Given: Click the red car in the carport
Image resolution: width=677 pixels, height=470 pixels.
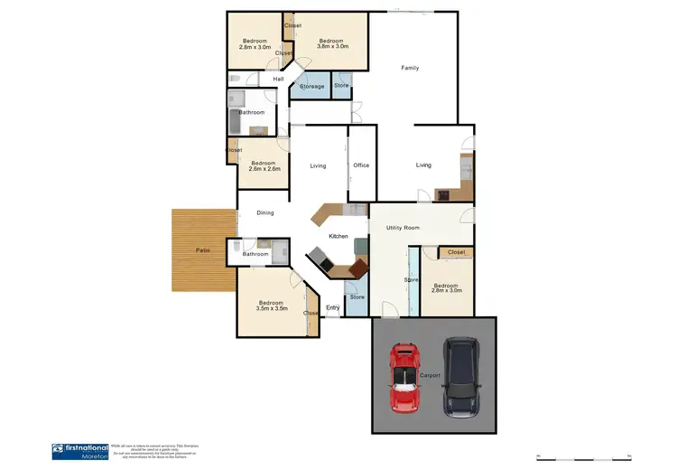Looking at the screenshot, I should (x=403, y=377).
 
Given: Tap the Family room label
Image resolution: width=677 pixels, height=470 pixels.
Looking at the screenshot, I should (x=410, y=68).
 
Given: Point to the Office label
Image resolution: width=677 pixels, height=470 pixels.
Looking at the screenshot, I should (x=361, y=165).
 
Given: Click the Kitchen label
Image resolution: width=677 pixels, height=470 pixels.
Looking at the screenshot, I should (x=338, y=237).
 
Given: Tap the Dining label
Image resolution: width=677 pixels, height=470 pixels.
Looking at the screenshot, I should (x=264, y=213).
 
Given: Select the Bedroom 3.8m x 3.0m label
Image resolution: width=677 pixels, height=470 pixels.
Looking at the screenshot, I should (x=332, y=42).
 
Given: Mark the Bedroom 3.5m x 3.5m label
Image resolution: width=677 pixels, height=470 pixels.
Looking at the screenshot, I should (x=271, y=305).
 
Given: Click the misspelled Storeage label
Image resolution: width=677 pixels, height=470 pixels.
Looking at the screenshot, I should (x=312, y=87).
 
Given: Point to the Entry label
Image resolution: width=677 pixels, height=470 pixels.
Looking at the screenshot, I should (x=332, y=308).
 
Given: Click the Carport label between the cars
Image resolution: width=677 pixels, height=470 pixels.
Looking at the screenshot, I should (x=430, y=374).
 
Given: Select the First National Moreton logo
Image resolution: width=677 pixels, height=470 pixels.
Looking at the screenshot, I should (x=80, y=450).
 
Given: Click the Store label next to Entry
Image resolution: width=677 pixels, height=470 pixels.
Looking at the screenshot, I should (x=357, y=297).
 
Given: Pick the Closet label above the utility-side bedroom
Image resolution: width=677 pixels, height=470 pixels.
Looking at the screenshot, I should (x=456, y=252).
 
